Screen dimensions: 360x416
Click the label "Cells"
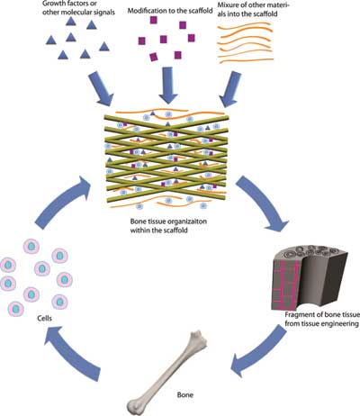click(44, 318)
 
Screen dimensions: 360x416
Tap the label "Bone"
click(185, 394)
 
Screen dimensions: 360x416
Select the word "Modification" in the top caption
click(146, 11)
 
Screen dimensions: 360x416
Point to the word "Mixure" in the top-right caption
click(227, 5)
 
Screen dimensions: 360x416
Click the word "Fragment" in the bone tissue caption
click(298, 315)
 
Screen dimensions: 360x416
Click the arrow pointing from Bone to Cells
click(71, 353)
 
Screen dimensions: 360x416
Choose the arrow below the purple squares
click(169, 85)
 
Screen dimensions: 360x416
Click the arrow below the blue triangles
click(101, 88)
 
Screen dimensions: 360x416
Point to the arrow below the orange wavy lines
click(230, 89)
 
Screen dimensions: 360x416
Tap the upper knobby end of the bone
click(198, 339)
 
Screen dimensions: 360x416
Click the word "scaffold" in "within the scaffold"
click(176, 231)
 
